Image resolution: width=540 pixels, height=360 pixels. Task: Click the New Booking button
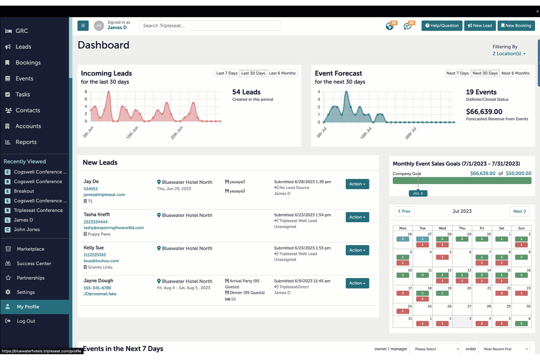pos(516,26)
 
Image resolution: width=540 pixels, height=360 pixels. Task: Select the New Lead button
pos(480,26)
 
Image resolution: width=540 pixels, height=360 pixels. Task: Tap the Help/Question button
pos(441,26)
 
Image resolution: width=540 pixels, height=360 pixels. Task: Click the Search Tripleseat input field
pos(210,26)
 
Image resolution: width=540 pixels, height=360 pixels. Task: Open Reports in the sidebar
pos(26,142)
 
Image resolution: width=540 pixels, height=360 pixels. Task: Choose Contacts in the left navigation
pos(28,110)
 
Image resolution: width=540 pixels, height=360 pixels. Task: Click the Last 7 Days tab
pos(227,73)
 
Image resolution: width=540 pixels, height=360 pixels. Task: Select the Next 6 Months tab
pos(516,73)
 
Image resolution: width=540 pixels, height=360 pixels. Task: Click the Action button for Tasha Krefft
pos(357,217)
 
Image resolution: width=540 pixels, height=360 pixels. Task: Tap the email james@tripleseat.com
pos(104,194)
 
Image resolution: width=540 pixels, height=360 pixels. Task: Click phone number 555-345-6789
pos(97,288)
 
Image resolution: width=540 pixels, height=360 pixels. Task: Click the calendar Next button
pos(520,211)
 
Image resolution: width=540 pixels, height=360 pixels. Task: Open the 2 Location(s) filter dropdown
pos(509,54)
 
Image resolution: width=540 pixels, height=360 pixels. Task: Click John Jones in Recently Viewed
pos(27,229)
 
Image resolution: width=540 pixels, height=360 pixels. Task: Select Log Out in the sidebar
pos(26,321)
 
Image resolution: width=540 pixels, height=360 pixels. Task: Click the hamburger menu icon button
pos(83,26)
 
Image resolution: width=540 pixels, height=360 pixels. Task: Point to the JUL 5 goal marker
pos(418,193)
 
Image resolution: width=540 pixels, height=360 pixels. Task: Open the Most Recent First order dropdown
pos(504,349)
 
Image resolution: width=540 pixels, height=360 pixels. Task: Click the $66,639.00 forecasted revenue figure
pos(484,112)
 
